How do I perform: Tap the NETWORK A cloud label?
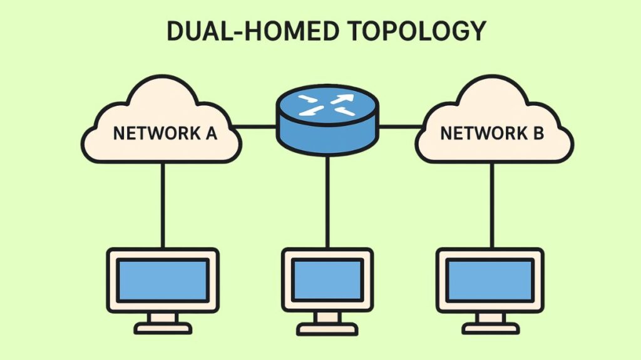point(165,133)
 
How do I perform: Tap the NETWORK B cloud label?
point(492,133)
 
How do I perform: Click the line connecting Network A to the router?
point(258,126)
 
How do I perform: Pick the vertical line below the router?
point(327,200)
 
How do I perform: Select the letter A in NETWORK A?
point(209,133)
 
